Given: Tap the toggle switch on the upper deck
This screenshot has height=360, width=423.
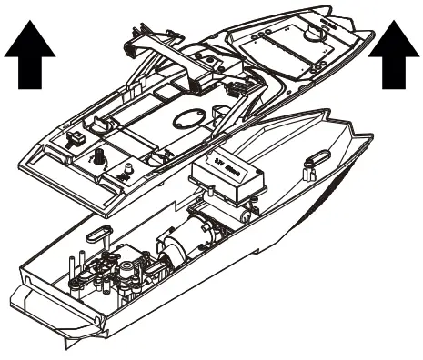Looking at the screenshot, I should [x=76, y=138].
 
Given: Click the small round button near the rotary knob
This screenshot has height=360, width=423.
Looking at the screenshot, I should [x=127, y=168].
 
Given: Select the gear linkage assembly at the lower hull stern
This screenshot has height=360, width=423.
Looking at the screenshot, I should [x=118, y=273].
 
